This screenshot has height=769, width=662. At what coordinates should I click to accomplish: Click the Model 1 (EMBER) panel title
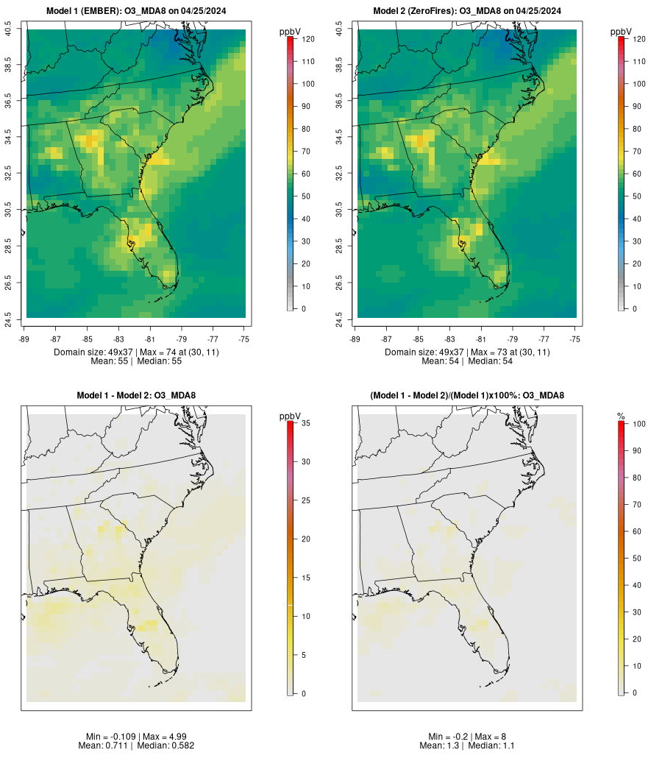coord(136,10)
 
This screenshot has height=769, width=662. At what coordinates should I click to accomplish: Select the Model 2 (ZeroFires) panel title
coord(467,10)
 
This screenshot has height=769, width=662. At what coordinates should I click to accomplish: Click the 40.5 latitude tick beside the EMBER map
coord(8,30)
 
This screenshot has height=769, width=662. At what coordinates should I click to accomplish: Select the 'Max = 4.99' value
coord(162,737)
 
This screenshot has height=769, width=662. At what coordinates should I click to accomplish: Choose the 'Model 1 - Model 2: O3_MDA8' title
coord(136,395)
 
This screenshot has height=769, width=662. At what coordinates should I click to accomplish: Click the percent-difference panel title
coord(467,395)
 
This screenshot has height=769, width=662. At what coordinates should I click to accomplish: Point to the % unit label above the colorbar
coord(621,417)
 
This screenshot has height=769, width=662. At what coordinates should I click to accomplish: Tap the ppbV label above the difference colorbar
coord(291,417)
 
